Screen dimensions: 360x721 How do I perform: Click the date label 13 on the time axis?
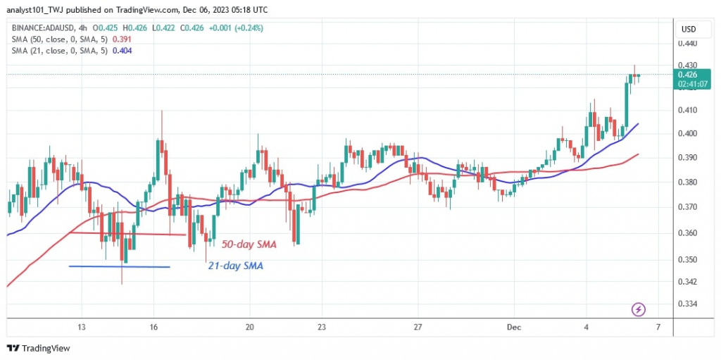pos(82,328)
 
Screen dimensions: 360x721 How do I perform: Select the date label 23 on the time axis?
pos(320,328)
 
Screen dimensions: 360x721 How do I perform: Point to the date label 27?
pos(418,328)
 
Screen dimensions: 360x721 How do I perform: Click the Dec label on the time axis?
pos(514,328)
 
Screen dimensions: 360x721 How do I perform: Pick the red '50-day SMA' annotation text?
pos(248,244)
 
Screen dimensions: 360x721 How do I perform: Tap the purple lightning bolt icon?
pos(639,309)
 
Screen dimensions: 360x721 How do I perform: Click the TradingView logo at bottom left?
pos(39,348)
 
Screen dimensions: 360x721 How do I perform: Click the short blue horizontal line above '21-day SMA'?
pos(119,266)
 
